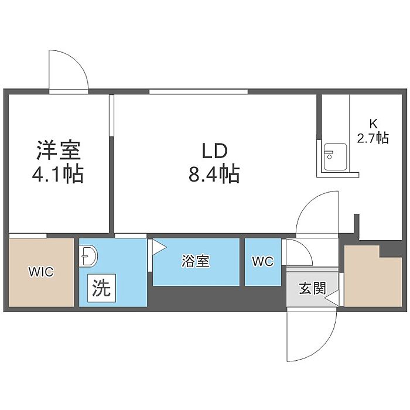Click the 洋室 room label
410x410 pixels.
(59, 151)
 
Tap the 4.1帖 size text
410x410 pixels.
(58, 173)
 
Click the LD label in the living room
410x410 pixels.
(214, 151)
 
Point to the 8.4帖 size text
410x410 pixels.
(214, 173)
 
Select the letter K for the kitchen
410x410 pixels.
(373, 124)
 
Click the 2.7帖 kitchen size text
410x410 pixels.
(373, 138)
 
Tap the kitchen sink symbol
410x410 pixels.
(336, 158)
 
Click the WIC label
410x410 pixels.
(41, 272)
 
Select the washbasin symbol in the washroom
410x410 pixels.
(88, 256)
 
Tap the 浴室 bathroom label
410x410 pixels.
(196, 261)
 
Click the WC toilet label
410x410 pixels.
(263, 261)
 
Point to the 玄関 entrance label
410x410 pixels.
(313, 289)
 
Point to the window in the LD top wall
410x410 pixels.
(199, 91)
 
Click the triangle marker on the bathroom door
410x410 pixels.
(159, 247)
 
